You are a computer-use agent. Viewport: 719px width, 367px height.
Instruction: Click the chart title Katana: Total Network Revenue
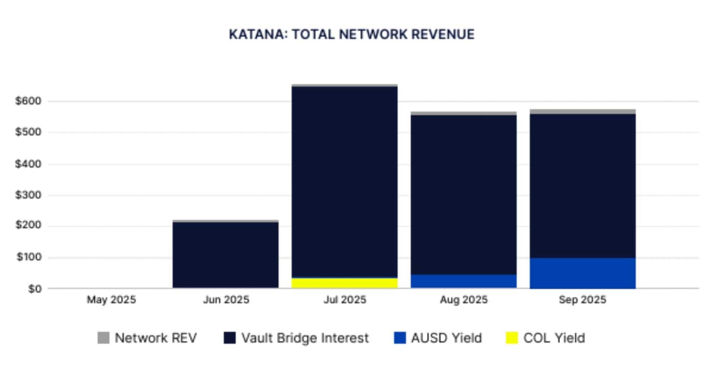coord(351,34)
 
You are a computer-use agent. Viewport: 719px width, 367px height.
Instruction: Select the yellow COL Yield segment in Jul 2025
coord(345,283)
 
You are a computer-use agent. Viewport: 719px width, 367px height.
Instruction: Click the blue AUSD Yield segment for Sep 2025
coord(582,273)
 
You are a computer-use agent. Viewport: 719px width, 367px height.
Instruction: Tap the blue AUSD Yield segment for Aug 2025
coord(463,281)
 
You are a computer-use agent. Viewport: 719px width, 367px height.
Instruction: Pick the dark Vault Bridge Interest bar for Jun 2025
coord(225,255)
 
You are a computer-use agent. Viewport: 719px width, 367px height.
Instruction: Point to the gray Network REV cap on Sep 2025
coord(582,112)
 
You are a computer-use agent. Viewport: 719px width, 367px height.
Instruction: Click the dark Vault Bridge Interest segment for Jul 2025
coord(345,182)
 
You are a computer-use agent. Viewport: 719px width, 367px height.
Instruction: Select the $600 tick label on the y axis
coord(28,101)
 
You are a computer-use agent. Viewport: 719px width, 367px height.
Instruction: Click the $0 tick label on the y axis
coord(35,289)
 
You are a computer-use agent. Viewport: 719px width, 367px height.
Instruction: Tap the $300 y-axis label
coord(28,195)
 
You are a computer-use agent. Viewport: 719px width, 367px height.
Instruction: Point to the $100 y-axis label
coord(29,257)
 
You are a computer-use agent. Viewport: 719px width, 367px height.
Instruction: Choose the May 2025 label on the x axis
coord(111,300)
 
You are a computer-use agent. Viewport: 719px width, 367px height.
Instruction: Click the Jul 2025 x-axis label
coord(345,300)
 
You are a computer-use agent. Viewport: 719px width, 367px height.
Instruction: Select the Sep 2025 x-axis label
coord(582,300)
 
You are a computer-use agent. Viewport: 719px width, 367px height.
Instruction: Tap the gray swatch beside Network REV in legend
coord(103,338)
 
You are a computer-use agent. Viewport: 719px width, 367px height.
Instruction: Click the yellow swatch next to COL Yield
coord(512,338)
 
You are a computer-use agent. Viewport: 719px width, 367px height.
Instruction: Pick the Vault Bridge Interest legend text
coord(305,338)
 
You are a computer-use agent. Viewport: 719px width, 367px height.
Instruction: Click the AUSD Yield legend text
coord(446,338)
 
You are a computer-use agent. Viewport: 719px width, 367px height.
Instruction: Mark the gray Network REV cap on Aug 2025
coord(463,113)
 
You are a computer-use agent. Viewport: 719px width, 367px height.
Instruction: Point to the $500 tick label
coord(28,132)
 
